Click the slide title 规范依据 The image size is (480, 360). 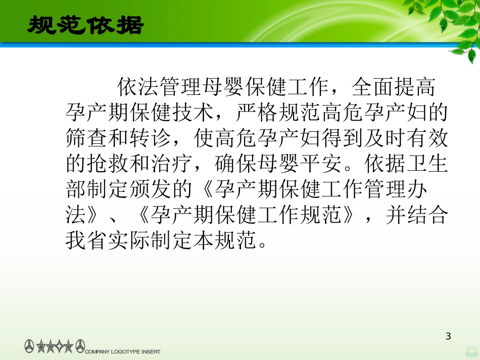pos(85,25)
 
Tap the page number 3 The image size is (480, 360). pos(448,336)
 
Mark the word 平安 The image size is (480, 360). pos(320,164)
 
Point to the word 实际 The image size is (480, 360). pos(129,241)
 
